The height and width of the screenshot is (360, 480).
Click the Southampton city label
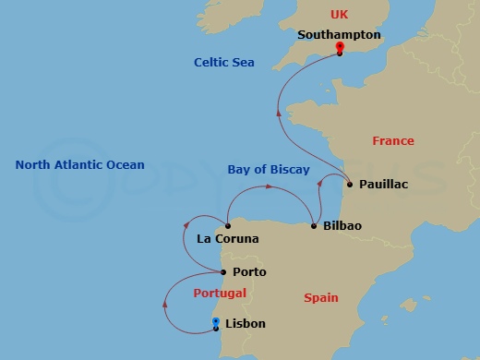[339, 35]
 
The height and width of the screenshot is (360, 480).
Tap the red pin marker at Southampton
[340, 48]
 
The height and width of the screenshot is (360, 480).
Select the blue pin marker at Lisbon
[216, 322]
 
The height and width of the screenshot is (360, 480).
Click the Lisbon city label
[246, 324]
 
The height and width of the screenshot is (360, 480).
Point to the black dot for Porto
[224, 272]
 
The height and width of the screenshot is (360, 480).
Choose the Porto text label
[249, 272]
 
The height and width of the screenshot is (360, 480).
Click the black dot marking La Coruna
[227, 224]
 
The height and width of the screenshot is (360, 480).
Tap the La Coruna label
[228, 239]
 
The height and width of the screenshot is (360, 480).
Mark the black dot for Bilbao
[314, 226]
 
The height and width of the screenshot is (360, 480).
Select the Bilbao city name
[342, 226]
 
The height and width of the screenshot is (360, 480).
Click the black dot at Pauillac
[349, 185]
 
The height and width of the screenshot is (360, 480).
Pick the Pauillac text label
[383, 185]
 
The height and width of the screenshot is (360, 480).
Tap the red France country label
[392, 141]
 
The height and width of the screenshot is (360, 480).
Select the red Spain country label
[320, 298]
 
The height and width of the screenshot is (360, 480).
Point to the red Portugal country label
[220, 294]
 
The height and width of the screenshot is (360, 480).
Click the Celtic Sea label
[223, 63]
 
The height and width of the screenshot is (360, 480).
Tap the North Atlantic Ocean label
[80, 165]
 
